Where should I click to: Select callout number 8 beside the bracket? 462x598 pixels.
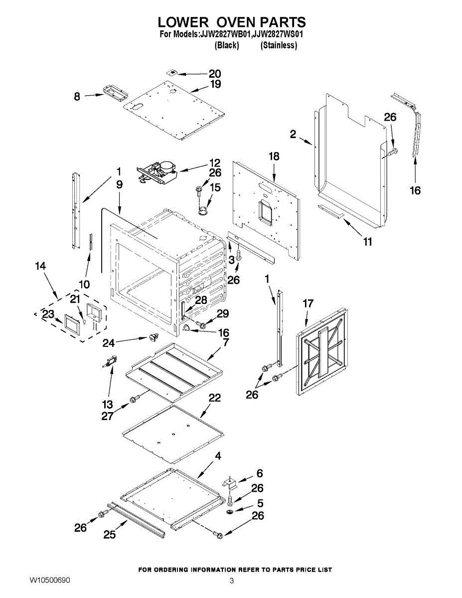(77, 97)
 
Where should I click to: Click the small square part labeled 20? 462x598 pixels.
(172, 72)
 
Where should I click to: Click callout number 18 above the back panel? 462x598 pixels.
(274, 156)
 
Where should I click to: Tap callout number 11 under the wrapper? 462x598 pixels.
(368, 242)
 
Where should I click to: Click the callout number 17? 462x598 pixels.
(308, 303)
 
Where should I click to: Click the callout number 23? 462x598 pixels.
(48, 314)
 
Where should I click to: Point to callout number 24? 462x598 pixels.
(109, 343)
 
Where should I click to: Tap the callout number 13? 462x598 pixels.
(108, 404)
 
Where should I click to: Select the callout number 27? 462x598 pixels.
(108, 416)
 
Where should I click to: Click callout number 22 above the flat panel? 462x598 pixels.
(215, 398)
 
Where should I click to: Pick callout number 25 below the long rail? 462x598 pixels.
(110, 535)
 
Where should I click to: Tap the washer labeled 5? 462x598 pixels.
(231, 512)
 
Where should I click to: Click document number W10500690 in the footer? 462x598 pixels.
(50, 581)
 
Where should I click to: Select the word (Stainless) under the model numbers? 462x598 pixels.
(279, 45)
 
